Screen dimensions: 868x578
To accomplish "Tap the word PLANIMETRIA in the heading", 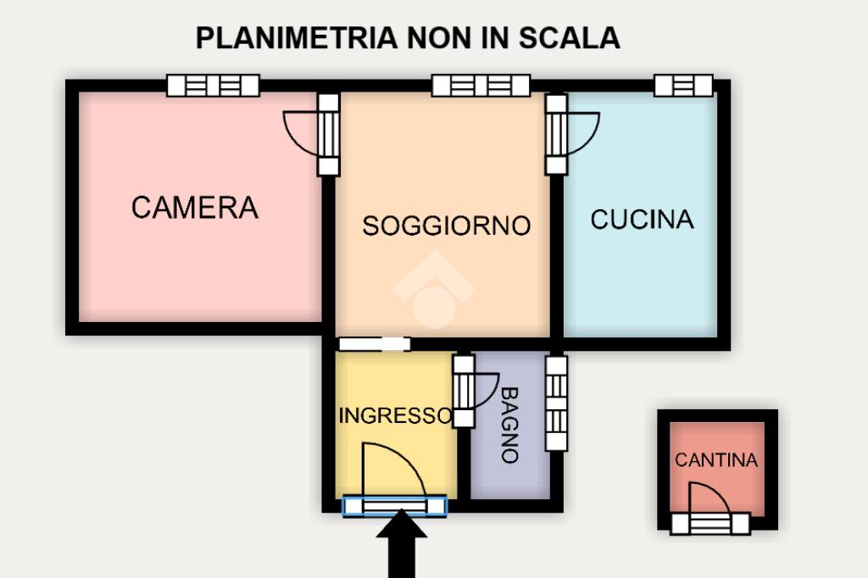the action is [297, 38].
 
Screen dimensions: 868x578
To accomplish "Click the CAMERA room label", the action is [195, 208].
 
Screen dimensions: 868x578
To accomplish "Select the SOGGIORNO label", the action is [446, 226].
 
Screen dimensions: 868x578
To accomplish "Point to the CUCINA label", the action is [643, 220].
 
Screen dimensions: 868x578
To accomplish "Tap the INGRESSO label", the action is [395, 415].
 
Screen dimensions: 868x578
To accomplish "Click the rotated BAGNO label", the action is [509, 425].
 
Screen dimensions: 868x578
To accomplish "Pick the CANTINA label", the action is [716, 460].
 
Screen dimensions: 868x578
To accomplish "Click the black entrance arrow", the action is [401, 544].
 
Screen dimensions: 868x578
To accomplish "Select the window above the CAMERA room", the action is [213, 86].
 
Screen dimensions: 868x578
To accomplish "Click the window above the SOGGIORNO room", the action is [481, 86].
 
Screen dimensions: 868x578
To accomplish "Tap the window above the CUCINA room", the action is [684, 86].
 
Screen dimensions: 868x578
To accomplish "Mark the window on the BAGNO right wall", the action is [556, 403].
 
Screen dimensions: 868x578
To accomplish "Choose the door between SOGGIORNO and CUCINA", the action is [572, 135].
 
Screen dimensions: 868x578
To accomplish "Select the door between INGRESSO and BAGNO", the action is [476, 392].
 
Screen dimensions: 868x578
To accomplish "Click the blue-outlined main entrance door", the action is [395, 506].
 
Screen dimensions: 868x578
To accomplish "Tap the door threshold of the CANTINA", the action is [710, 524].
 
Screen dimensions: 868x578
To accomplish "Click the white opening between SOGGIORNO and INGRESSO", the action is [375, 344].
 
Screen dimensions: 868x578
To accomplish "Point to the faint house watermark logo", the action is [434, 290].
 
